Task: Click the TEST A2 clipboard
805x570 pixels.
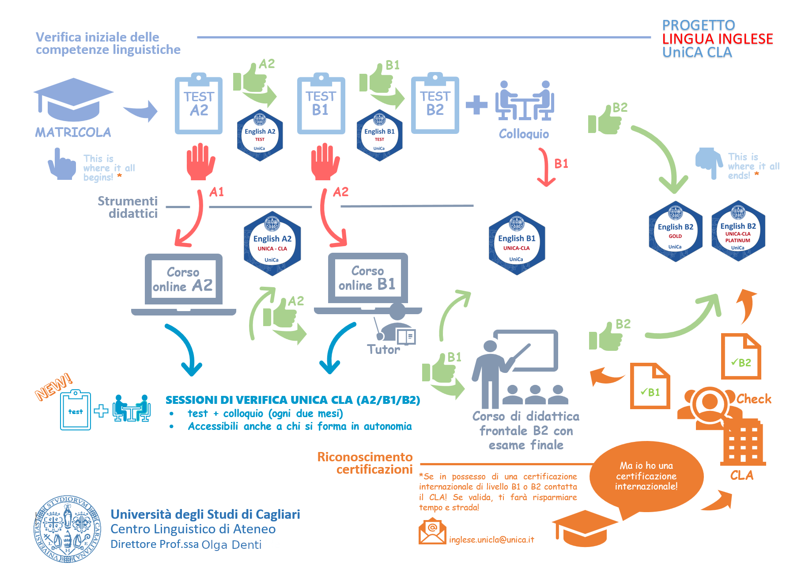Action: [199, 104]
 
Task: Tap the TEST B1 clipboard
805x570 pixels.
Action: [321, 104]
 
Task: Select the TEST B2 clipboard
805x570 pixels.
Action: [435, 104]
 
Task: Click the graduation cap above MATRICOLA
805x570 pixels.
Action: [73, 99]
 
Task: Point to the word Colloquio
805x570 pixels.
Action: [524, 134]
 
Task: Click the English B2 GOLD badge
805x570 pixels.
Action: [675, 232]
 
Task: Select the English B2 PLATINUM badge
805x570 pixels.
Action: [738, 232]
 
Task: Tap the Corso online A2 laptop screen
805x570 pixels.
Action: [183, 279]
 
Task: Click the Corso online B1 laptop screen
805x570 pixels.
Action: [367, 278]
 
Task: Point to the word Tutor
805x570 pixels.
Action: [383, 350]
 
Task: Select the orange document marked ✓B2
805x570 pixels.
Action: [741, 357]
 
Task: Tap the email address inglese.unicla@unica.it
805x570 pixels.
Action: [491, 540]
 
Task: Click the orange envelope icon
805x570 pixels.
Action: [432, 532]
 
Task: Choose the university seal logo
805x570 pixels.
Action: [68, 529]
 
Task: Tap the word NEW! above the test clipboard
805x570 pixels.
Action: [54, 387]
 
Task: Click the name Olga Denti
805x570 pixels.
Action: [231, 545]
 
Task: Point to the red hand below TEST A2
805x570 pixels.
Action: [200, 162]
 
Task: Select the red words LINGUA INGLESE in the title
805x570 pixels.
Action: [718, 39]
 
